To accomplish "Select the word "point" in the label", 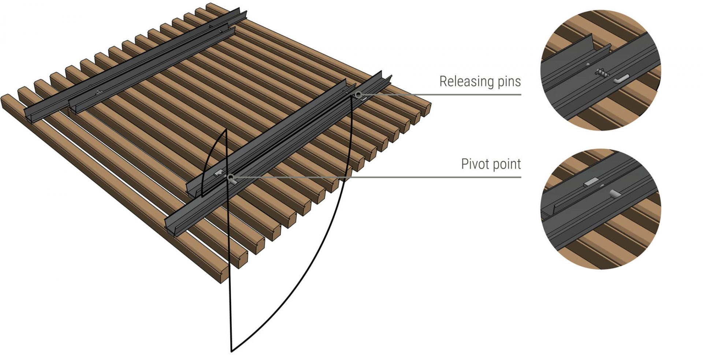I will click(x=507, y=164).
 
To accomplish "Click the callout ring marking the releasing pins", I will click(x=358, y=95).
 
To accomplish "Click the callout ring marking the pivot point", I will click(x=230, y=178).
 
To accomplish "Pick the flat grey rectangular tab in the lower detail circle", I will click(x=591, y=181).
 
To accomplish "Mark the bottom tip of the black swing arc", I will click(x=231, y=351).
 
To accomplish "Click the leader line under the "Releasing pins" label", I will click(x=439, y=94).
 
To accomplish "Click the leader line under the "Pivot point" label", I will click(x=439, y=177).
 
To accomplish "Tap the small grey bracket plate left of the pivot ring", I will click(x=219, y=173).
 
